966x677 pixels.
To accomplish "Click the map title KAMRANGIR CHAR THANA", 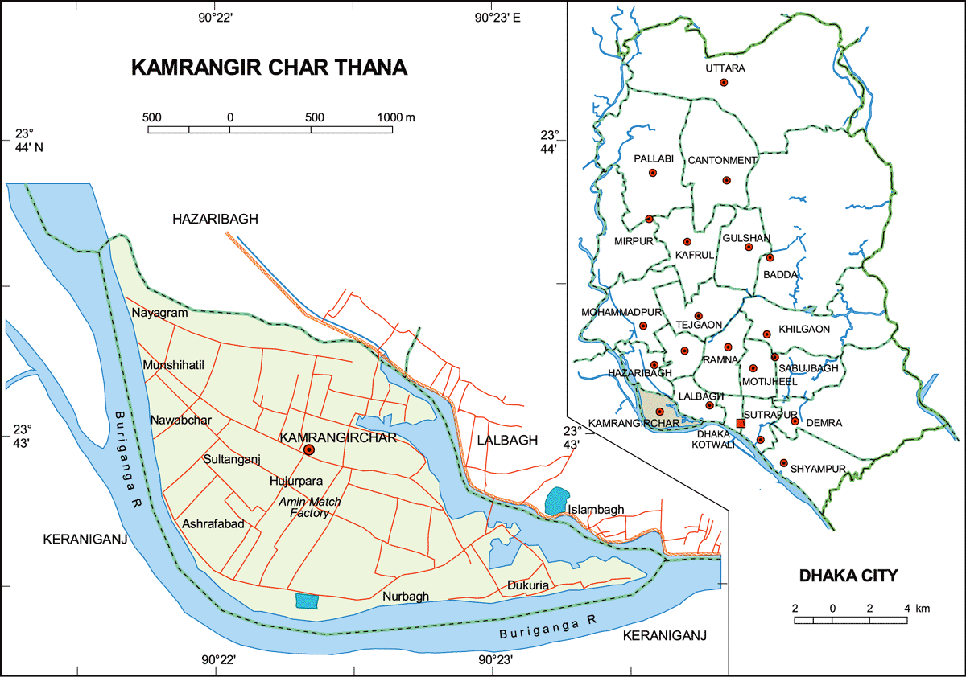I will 269,68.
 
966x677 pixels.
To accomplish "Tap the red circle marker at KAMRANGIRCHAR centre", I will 308,451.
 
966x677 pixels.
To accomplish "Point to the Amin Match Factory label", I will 309,507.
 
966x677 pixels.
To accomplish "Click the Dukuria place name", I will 528,585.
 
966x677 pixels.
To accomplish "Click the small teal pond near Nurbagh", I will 307,601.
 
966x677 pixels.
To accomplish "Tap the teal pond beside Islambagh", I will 555,501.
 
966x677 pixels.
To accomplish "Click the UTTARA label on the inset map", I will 724,68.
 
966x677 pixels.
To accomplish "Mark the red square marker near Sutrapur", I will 741,423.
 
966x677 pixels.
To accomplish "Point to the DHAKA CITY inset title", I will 848,576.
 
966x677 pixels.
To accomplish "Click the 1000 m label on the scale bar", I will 396,117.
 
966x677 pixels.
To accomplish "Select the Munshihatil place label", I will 174,365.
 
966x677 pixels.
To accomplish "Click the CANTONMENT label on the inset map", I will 722,160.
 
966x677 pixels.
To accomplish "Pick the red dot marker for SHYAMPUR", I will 783,463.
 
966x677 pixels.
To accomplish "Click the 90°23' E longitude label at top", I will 498,18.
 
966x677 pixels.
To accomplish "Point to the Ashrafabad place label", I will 213,523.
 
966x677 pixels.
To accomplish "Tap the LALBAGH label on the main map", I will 506,440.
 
